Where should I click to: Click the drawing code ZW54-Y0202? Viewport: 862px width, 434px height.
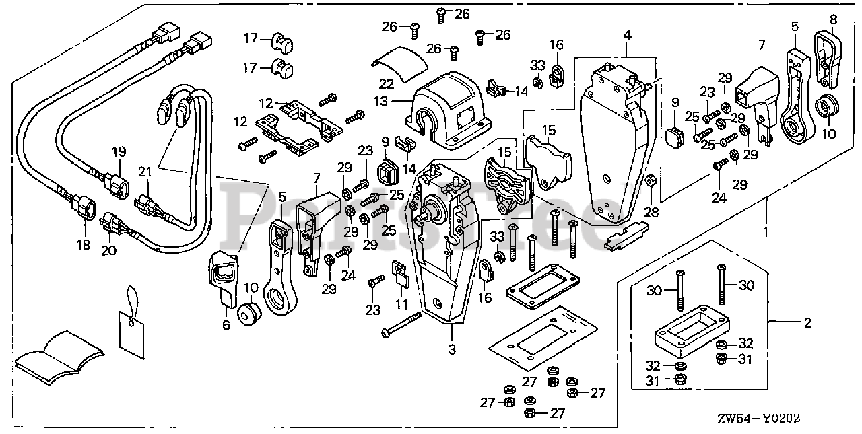click(x=758, y=419)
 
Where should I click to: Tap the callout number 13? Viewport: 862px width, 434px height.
click(x=381, y=102)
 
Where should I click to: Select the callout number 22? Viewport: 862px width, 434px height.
click(x=386, y=84)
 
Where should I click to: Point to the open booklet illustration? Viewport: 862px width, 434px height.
click(x=60, y=357)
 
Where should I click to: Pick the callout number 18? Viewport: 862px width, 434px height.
click(x=84, y=244)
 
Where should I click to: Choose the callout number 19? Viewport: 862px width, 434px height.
click(x=119, y=152)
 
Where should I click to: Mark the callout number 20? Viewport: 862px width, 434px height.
click(x=108, y=250)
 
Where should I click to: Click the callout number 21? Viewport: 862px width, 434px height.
click(x=145, y=172)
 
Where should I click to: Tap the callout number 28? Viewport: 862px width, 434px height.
click(x=651, y=212)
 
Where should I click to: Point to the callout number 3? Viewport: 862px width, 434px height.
click(x=452, y=349)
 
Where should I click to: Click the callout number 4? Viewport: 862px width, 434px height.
click(x=627, y=36)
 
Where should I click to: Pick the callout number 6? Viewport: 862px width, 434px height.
click(x=226, y=325)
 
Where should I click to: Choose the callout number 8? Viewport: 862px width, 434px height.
click(x=833, y=20)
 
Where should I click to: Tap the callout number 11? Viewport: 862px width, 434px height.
click(x=401, y=304)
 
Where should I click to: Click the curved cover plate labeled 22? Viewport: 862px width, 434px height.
click(x=400, y=65)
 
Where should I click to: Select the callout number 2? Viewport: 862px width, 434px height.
click(x=807, y=323)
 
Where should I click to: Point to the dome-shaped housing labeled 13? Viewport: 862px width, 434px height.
click(x=448, y=111)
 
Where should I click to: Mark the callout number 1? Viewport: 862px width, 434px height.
click(x=766, y=232)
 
